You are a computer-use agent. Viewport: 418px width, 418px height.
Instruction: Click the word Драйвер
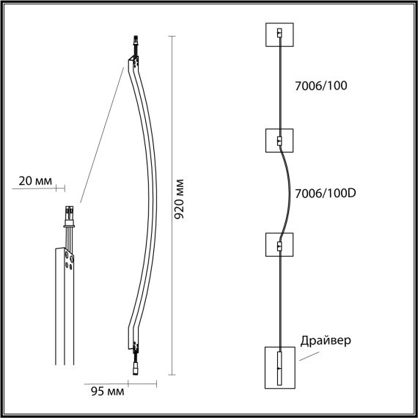(326, 341)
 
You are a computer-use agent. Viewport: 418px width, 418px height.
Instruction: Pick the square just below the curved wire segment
(279, 245)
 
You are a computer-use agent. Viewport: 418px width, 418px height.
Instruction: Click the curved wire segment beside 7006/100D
(288, 192)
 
